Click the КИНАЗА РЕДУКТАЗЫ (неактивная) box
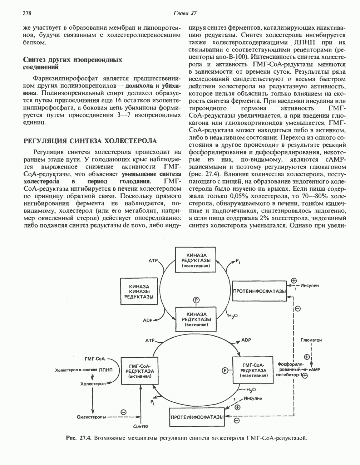[x=196, y=260]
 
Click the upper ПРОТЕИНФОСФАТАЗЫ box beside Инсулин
[x=259, y=291]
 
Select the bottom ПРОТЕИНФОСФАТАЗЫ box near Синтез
[x=197, y=417]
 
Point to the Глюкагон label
[x=311, y=340]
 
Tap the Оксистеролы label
[x=91, y=417]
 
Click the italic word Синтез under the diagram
[x=140, y=427]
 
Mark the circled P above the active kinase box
[x=196, y=300]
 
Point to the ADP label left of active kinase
[x=148, y=320]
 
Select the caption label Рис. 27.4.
[x=79, y=437]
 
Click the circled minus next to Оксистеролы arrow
[x=124, y=412]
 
